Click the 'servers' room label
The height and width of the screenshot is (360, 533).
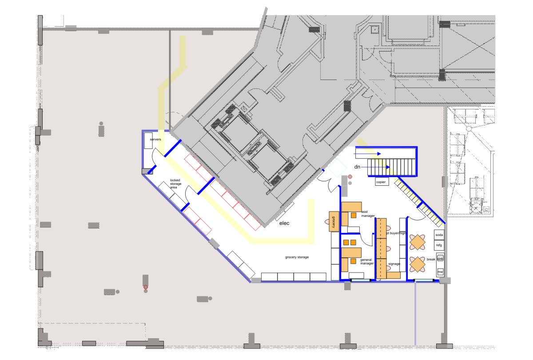[155, 140]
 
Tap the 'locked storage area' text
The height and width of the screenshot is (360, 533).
[175, 184]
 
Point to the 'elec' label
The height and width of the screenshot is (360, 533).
[284, 223]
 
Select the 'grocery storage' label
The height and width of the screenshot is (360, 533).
[297, 257]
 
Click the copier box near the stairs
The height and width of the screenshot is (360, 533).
[382, 182]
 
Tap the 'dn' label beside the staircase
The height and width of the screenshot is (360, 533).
[357, 166]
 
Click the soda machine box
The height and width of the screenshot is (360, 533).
[439, 235]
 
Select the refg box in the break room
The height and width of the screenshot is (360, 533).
[439, 245]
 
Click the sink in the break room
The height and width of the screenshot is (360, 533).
[440, 258]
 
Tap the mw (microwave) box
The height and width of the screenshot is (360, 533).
[440, 272]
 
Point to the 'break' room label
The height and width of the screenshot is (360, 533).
[430, 259]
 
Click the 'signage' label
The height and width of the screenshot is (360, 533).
[394, 264]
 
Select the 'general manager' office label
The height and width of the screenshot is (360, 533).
[366, 262]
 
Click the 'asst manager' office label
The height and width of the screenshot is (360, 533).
[368, 214]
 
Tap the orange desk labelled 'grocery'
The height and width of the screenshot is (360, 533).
[334, 221]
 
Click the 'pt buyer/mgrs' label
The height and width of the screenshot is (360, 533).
[396, 233]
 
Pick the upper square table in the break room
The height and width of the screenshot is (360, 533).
[418, 243]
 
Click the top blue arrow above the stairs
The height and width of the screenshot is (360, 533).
[368, 153]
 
